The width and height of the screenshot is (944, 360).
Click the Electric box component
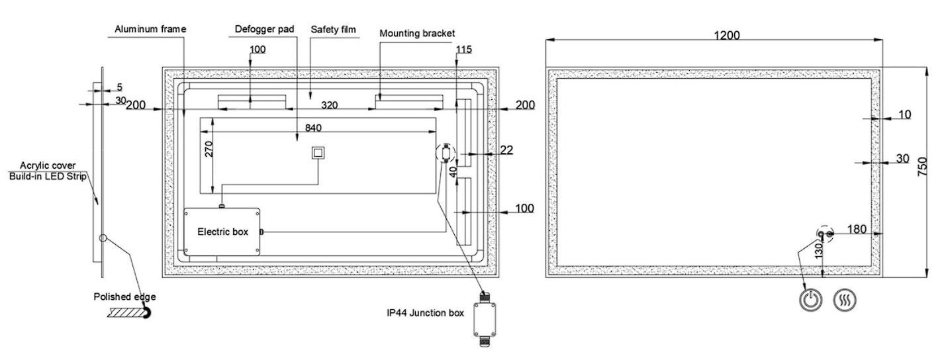click(x=222, y=232)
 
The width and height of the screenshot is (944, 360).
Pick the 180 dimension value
click(x=857, y=229)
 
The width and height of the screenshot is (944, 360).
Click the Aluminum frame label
click(x=150, y=30)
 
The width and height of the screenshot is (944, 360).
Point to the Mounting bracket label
click(x=417, y=32)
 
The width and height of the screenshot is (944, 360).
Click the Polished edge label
click(x=125, y=296)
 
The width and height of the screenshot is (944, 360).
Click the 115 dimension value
click(x=465, y=50)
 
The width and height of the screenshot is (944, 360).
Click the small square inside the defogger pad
click(x=318, y=153)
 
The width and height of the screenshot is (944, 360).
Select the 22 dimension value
click(x=506, y=151)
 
